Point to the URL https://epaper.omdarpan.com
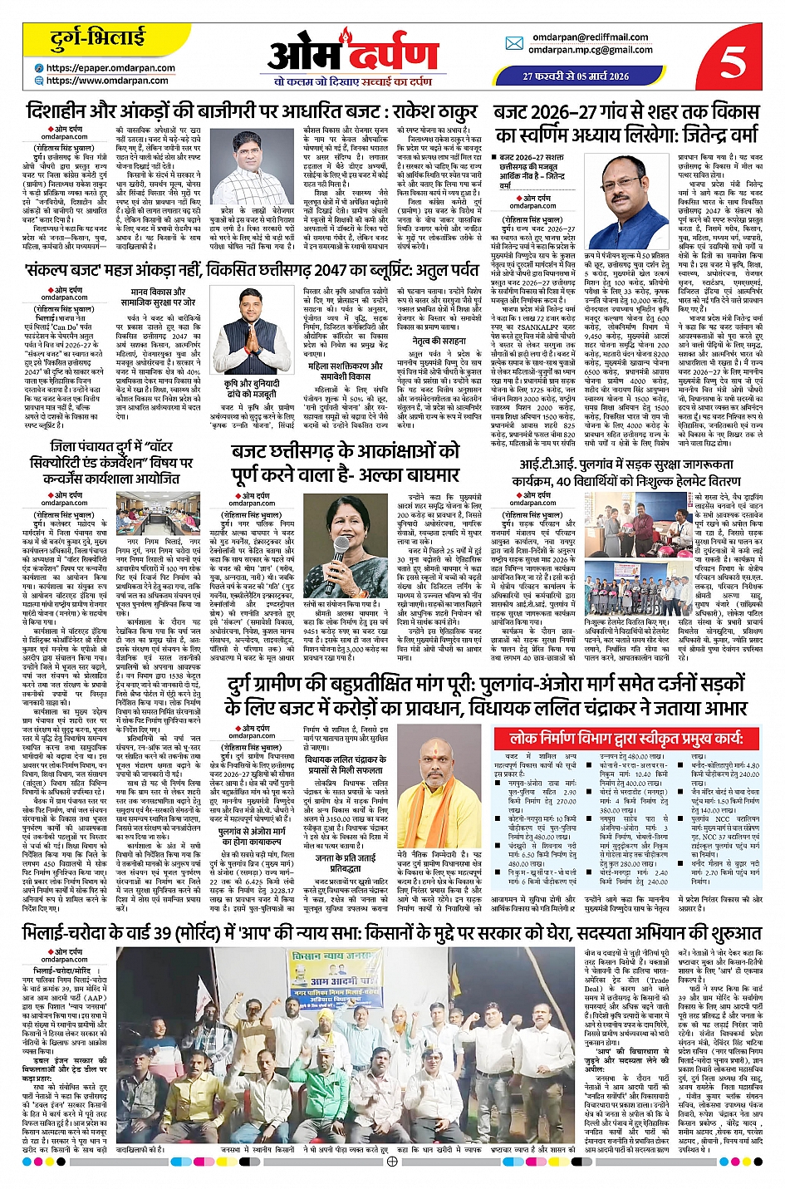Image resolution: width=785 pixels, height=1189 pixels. [110, 68]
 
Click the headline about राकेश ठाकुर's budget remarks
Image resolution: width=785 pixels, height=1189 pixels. [251, 111]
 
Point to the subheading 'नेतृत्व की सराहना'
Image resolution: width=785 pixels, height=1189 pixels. [433, 341]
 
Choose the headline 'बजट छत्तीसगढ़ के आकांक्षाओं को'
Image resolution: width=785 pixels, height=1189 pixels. [345, 452]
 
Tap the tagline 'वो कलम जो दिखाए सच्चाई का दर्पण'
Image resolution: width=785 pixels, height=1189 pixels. [353, 82]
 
